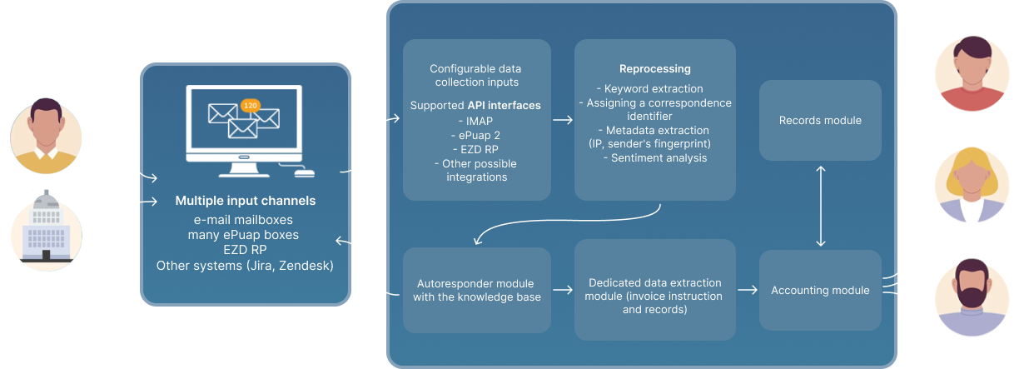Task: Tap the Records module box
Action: [820, 121]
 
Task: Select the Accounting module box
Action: [820, 290]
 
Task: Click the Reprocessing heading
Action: [654, 69]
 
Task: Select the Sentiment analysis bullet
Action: [654, 157]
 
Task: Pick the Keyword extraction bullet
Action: [654, 88]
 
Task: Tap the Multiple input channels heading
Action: [246, 201]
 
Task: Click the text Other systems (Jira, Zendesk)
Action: [246, 265]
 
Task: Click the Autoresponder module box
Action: [476, 290]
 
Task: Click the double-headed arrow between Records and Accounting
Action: [821, 206]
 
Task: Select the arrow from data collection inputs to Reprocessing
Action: [563, 120]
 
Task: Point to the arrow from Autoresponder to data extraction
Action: [563, 290]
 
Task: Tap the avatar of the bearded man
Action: [972, 298]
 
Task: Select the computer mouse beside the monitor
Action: [305, 173]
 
